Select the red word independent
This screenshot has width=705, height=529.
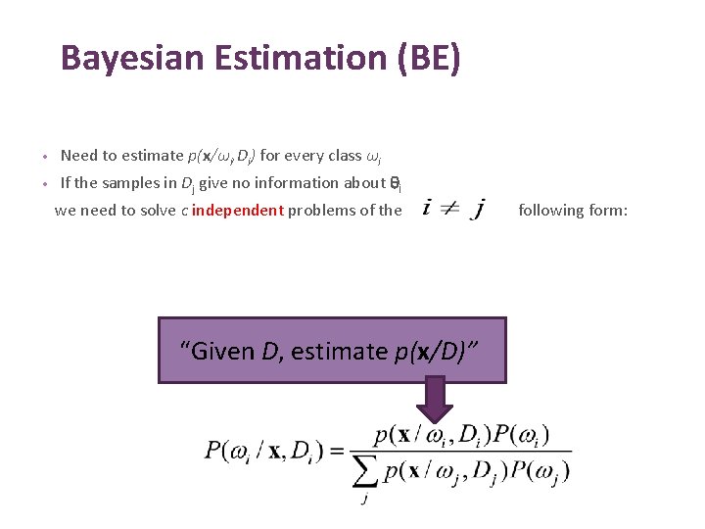click(x=239, y=210)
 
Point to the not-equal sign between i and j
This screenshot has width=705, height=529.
click(x=449, y=210)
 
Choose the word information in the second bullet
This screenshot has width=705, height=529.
click(x=297, y=182)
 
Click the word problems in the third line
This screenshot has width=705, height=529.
click(x=330, y=210)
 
